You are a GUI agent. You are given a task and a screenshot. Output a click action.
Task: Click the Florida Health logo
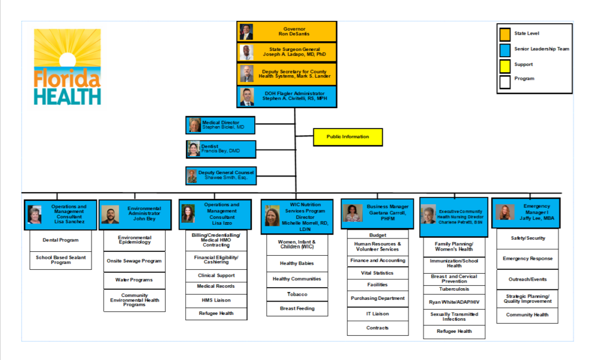67,67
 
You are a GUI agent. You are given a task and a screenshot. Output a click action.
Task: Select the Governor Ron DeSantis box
287,31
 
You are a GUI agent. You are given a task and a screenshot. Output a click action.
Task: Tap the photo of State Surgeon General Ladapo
247,53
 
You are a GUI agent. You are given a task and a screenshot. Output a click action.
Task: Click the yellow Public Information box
348,137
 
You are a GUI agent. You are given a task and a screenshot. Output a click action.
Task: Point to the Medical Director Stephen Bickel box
221,124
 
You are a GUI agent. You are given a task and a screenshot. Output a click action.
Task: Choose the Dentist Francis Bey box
221,149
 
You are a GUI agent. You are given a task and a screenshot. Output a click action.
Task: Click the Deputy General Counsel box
221,175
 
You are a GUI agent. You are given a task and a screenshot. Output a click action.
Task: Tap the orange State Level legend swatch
505,34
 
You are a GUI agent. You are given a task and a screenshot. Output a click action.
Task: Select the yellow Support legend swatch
505,65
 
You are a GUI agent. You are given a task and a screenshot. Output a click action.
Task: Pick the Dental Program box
61,240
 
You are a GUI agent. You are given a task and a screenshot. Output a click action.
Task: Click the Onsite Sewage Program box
134,261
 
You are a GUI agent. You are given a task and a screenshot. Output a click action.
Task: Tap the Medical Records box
216,286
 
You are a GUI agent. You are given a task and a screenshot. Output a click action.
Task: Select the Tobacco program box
297,295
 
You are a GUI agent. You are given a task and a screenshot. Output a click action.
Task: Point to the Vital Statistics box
378,273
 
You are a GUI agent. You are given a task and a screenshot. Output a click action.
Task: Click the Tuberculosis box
454,289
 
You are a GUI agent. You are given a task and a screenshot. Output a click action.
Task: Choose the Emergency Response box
528,259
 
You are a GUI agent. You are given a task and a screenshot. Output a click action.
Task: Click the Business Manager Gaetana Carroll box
377,213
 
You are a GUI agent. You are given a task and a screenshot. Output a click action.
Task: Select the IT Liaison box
378,314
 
